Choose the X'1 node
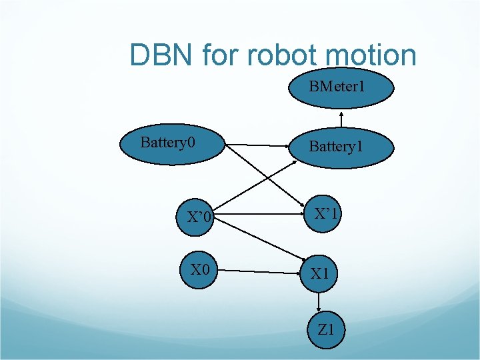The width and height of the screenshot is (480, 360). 327,214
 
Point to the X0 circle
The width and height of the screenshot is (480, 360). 200,270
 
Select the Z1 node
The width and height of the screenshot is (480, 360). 327,329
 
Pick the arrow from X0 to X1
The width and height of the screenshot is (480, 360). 260,271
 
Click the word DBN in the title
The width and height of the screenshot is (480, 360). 161,55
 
